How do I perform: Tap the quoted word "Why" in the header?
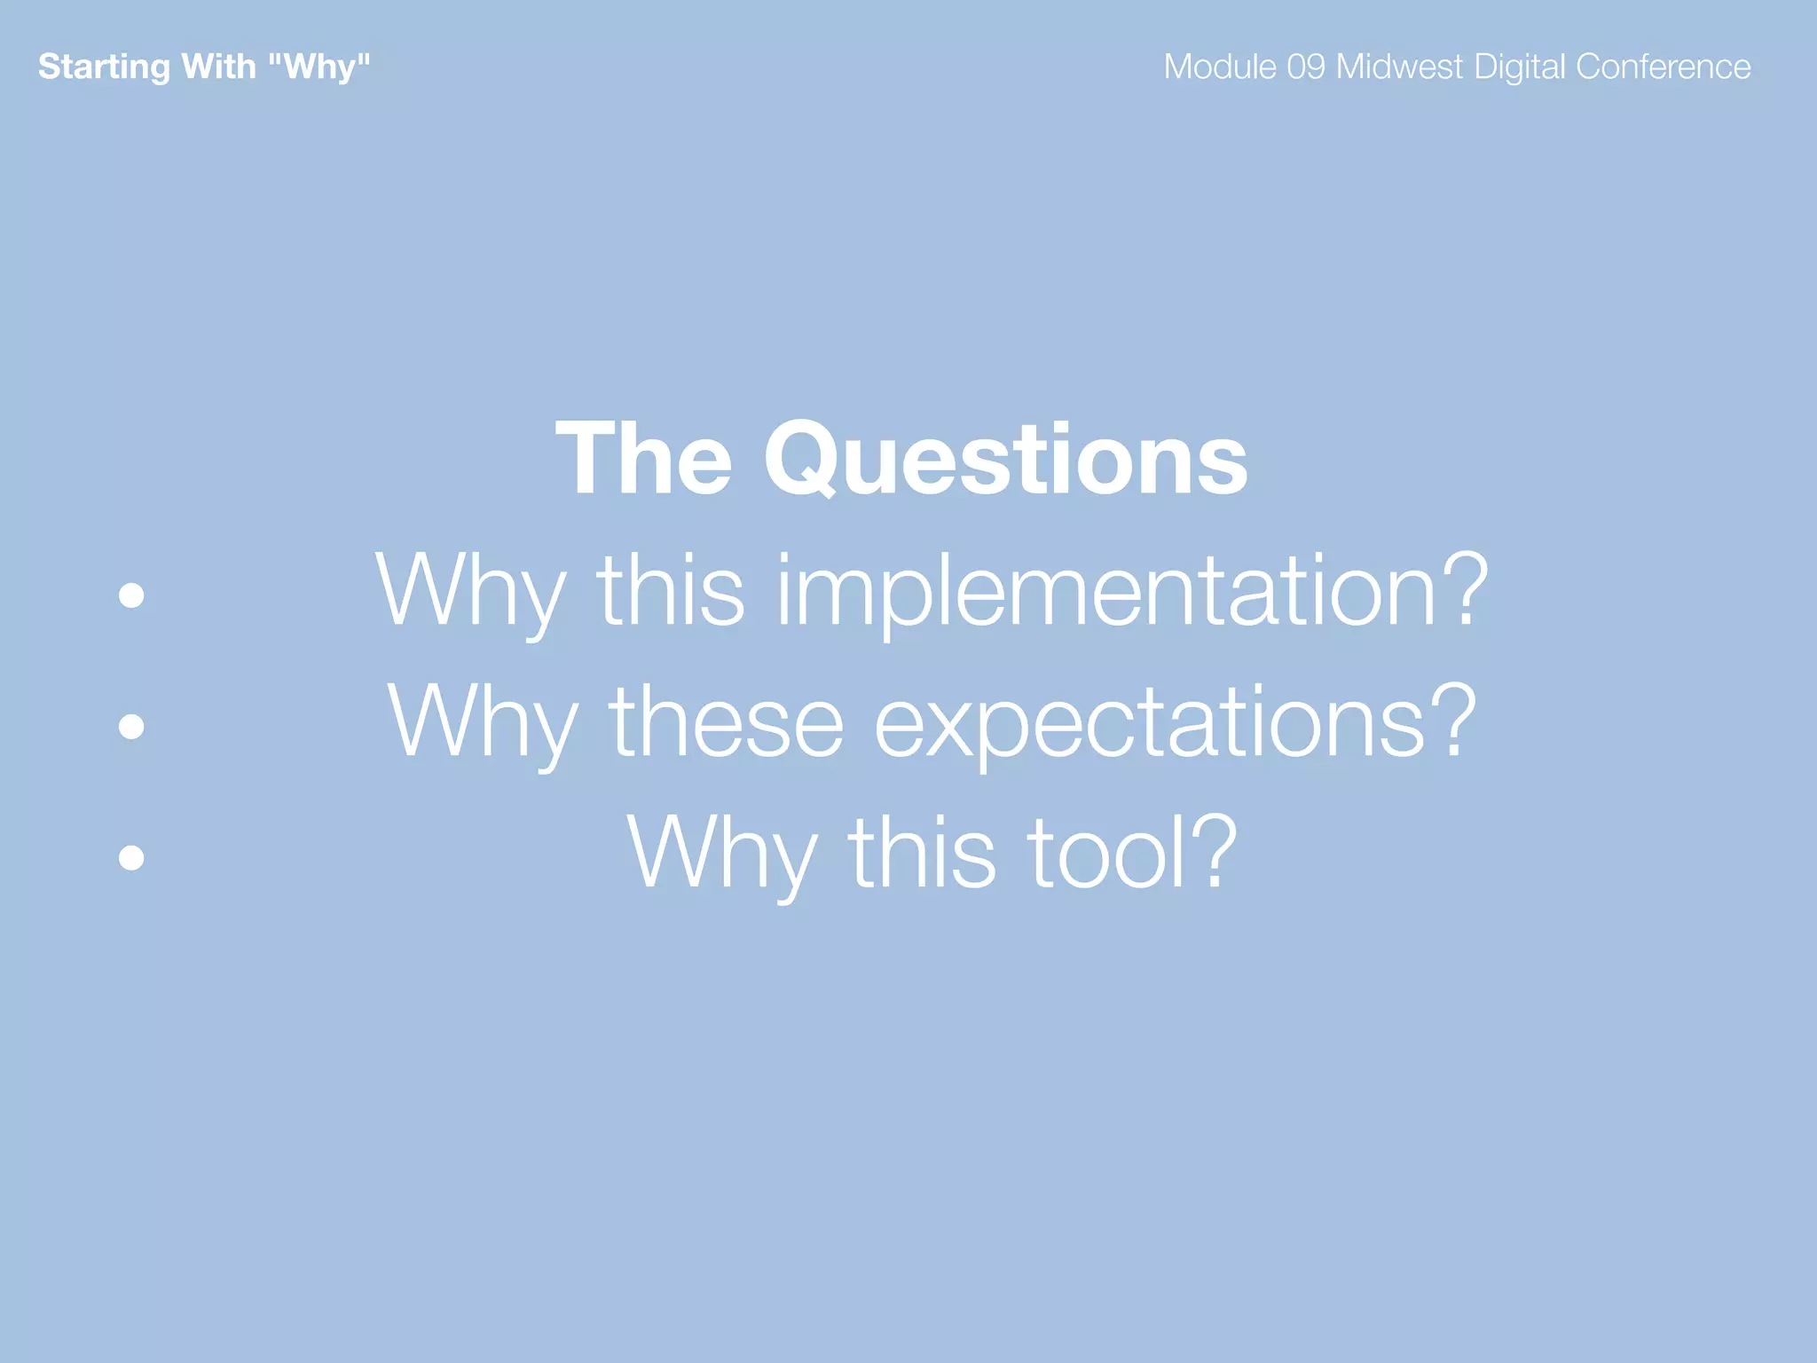(x=319, y=67)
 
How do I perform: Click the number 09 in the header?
(x=1306, y=67)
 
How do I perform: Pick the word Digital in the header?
(x=1519, y=67)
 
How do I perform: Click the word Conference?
(x=1663, y=67)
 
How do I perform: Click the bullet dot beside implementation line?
(x=131, y=595)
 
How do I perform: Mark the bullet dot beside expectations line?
(x=131, y=726)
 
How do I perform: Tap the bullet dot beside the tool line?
(x=131, y=857)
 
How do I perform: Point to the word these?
(x=726, y=721)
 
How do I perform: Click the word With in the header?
(x=218, y=67)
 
